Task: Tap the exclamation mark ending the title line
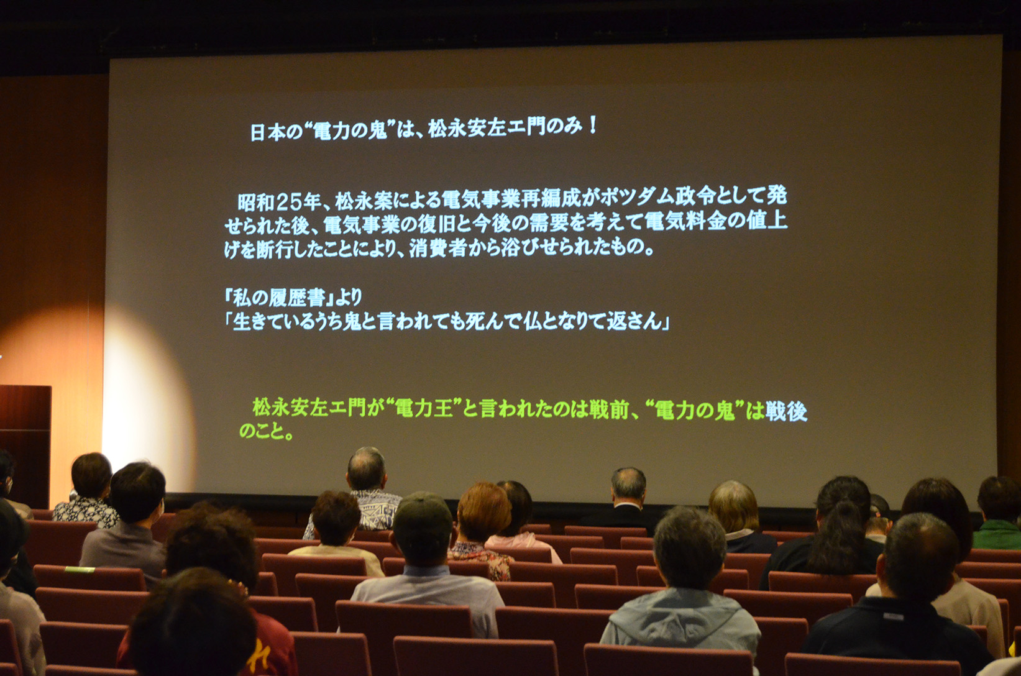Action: (592, 125)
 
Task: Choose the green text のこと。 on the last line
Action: (265, 431)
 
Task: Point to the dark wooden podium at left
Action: (24, 445)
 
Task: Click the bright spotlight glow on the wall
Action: (147, 393)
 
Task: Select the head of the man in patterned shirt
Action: (367, 469)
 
